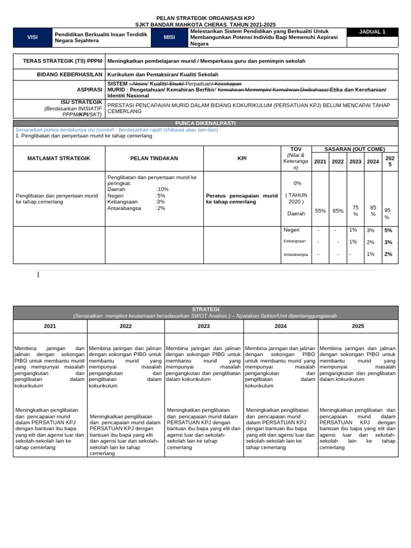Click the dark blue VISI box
tap(32, 37)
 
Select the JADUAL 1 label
tap(372, 32)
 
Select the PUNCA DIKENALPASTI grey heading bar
tap(205, 123)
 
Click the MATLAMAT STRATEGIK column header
tap(59, 158)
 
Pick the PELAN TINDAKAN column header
tap(154, 158)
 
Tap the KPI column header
tap(242, 158)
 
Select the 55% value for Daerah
tap(320, 211)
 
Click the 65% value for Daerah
tap(338, 211)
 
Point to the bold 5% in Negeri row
tap(388, 230)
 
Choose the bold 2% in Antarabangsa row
tap(388, 254)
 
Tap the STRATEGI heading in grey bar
tap(205, 309)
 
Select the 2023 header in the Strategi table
tap(203, 326)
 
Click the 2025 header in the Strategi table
tap(358, 326)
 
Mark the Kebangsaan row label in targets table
tap(294, 241)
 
